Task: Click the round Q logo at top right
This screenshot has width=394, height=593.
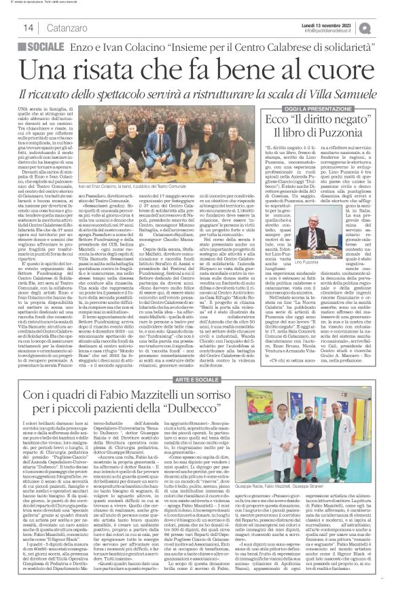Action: [x=384, y=26]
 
